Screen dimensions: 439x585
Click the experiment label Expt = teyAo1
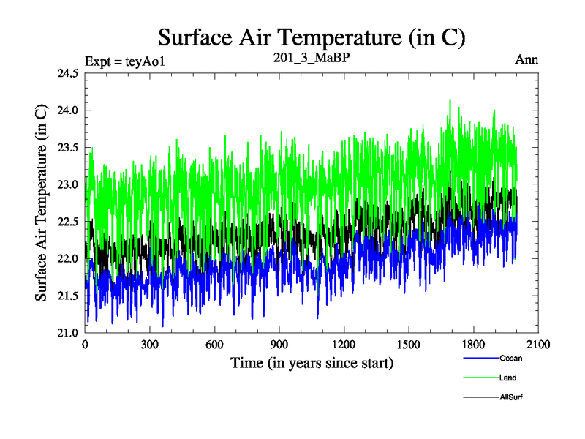[125, 61]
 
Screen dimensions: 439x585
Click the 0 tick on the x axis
[86, 345]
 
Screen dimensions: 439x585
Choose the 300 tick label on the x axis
[150, 345]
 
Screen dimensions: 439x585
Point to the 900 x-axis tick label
[279, 345]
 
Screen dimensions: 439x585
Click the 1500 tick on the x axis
[408, 345]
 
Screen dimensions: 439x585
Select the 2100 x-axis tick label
[537, 345]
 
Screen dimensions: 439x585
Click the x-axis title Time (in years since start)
[312, 362]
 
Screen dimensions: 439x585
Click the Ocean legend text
[510, 359]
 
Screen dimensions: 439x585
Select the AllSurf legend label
[512, 397]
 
